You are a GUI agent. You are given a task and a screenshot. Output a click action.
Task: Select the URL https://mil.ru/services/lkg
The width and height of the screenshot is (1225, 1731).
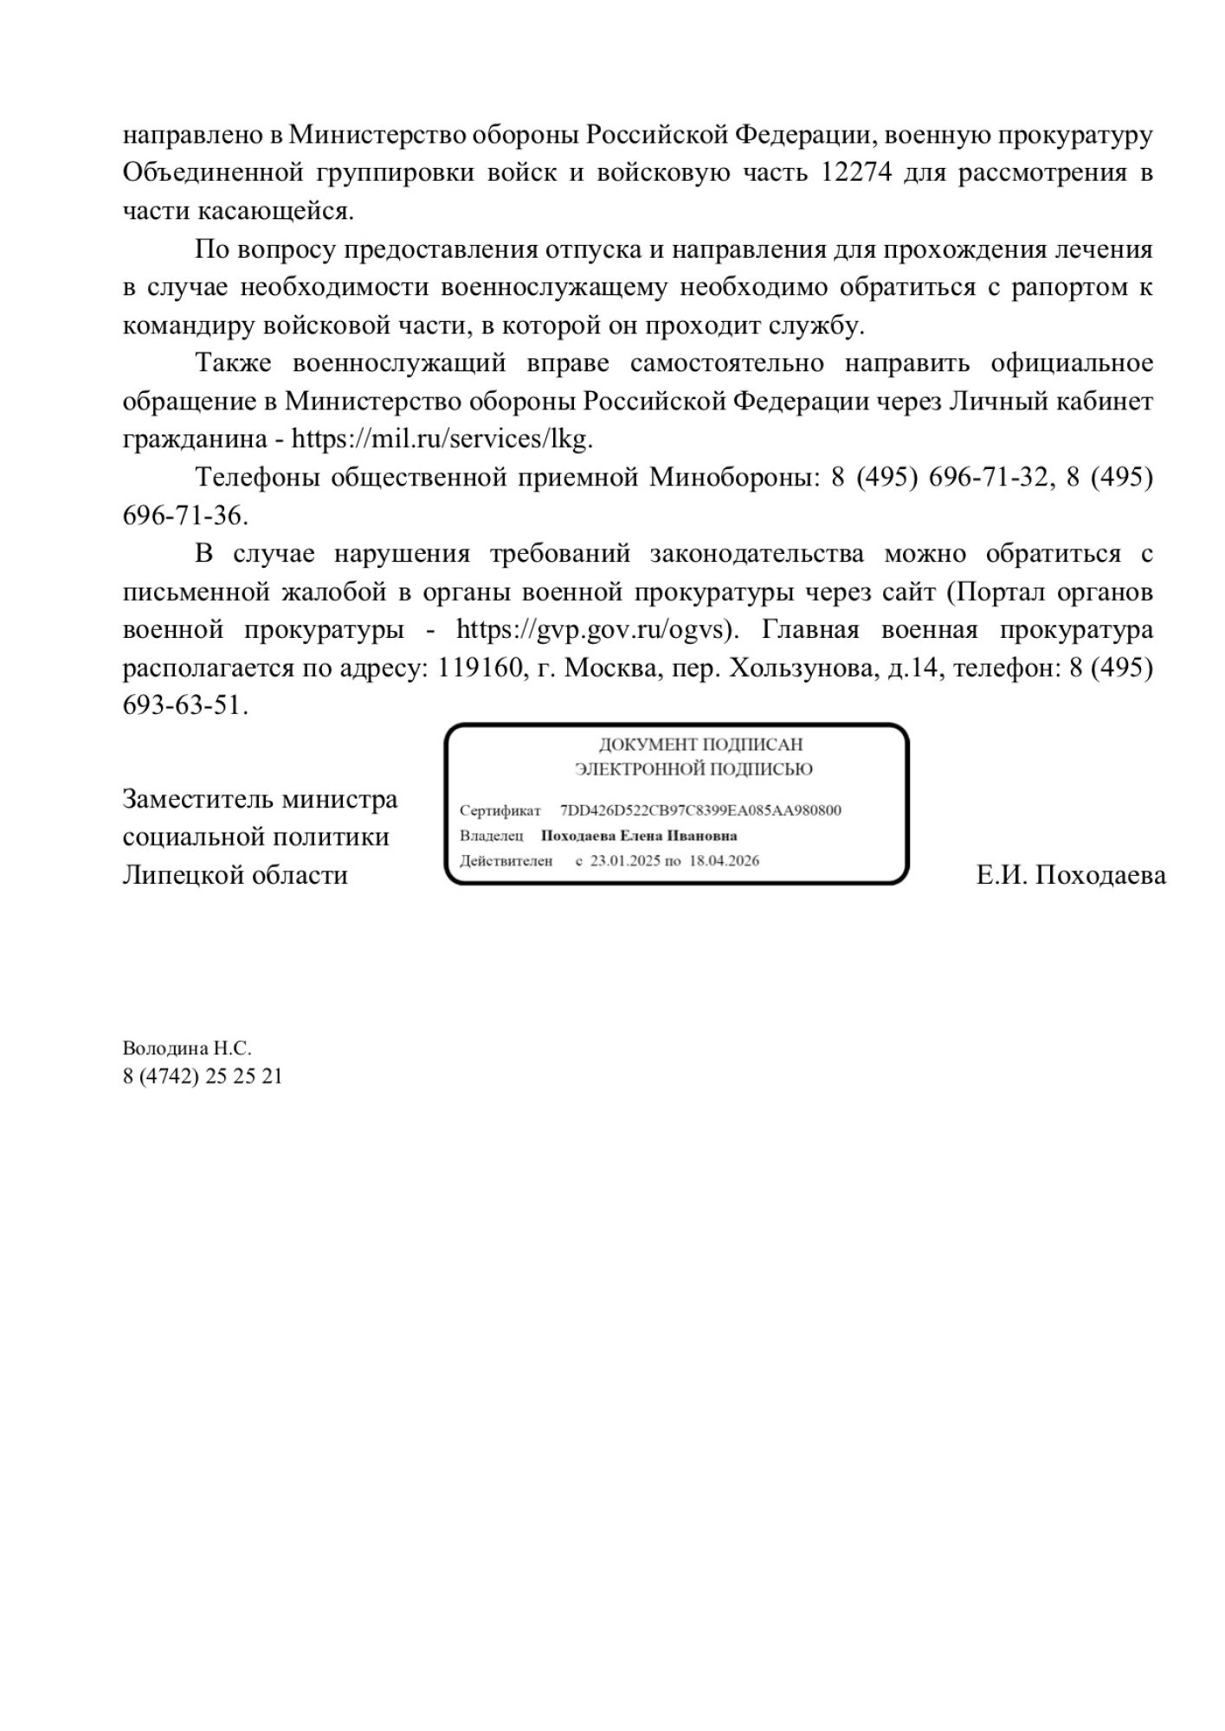point(441,439)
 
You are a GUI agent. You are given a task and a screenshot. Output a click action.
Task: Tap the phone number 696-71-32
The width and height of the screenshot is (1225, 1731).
point(987,477)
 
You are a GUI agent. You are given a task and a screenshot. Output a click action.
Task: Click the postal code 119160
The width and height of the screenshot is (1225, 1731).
point(479,667)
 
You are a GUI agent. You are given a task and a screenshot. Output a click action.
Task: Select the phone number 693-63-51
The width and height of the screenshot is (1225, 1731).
point(184,705)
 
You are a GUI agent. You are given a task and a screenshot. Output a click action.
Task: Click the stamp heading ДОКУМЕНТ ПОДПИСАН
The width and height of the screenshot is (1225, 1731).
point(700,744)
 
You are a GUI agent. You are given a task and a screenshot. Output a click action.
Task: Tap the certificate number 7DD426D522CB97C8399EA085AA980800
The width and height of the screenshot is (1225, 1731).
point(700,811)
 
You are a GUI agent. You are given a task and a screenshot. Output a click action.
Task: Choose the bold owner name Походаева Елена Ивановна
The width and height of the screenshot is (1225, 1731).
point(639,836)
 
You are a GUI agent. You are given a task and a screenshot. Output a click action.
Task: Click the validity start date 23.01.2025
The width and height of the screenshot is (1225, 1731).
point(625,861)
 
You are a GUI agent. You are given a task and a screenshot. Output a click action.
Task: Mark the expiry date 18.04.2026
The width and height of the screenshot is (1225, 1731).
point(724,861)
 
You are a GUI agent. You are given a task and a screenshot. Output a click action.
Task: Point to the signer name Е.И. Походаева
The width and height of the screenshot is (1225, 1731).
point(1070,875)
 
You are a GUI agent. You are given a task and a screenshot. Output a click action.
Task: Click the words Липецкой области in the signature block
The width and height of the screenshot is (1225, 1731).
point(235,875)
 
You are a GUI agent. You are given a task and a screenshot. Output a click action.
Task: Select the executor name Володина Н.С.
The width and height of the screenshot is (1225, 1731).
point(187,1049)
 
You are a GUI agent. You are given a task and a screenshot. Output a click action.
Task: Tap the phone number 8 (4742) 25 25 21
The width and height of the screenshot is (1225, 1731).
point(203,1077)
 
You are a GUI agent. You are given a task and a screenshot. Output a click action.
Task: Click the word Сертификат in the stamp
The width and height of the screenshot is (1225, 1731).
point(500,811)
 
